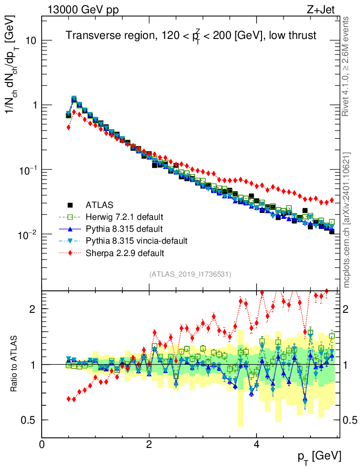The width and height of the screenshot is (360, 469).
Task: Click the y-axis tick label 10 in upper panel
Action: [30, 40]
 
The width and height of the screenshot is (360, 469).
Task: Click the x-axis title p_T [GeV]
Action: [319, 456]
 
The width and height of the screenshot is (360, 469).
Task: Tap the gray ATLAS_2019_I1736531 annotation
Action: [190, 274]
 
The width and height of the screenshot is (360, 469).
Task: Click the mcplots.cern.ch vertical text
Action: [347, 220]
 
